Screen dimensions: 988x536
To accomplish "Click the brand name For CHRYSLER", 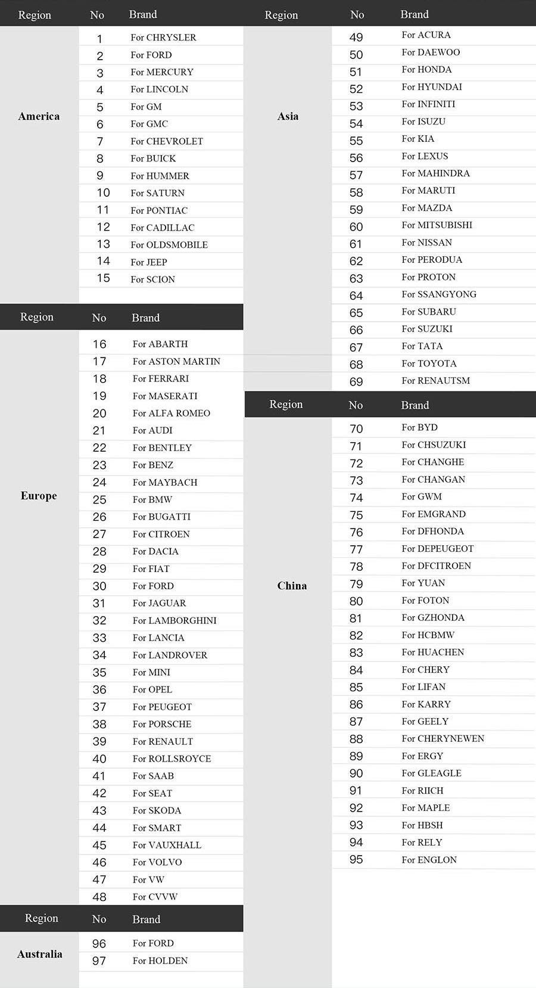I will tap(163, 38).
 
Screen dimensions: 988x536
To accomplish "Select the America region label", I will tap(39, 116).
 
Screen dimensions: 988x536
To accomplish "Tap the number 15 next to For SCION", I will tap(103, 278).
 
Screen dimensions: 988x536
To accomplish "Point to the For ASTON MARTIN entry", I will tap(176, 361).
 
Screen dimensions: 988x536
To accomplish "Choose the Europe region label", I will tap(39, 496).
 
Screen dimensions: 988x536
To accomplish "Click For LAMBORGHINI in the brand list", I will tap(174, 620).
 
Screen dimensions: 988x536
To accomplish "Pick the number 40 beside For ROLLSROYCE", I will tap(99, 759).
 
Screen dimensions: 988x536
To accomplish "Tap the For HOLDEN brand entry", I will tap(160, 961).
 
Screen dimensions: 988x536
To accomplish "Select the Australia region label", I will tap(39, 954).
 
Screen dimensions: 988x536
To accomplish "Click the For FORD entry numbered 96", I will tap(153, 943).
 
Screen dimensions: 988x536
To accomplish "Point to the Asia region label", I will tap(288, 116).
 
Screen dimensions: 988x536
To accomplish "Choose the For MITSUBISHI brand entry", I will tap(437, 225).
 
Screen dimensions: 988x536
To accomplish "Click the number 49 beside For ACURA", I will tap(356, 37).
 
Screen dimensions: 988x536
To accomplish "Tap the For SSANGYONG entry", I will tap(439, 294).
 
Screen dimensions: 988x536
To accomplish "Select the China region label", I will tap(292, 586).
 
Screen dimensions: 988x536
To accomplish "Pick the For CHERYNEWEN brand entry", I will tap(442, 739).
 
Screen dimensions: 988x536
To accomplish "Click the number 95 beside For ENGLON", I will tap(356, 859).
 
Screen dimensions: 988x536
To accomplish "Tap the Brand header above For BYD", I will tap(415, 405).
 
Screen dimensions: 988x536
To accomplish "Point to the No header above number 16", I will tap(99, 318).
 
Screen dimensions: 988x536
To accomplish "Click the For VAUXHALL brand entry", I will tap(167, 845).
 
